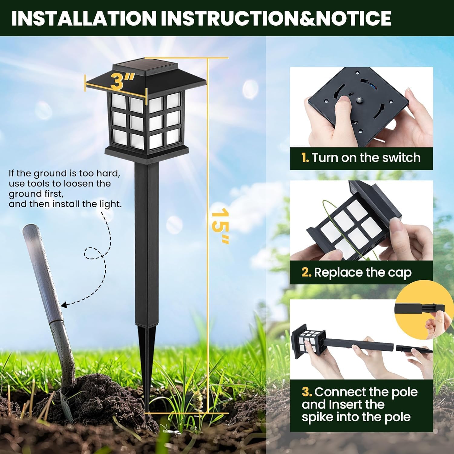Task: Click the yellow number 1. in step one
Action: point(305,158)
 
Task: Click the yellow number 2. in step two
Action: point(306,272)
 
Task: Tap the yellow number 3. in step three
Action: point(307,392)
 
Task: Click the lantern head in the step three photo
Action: point(307,342)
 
